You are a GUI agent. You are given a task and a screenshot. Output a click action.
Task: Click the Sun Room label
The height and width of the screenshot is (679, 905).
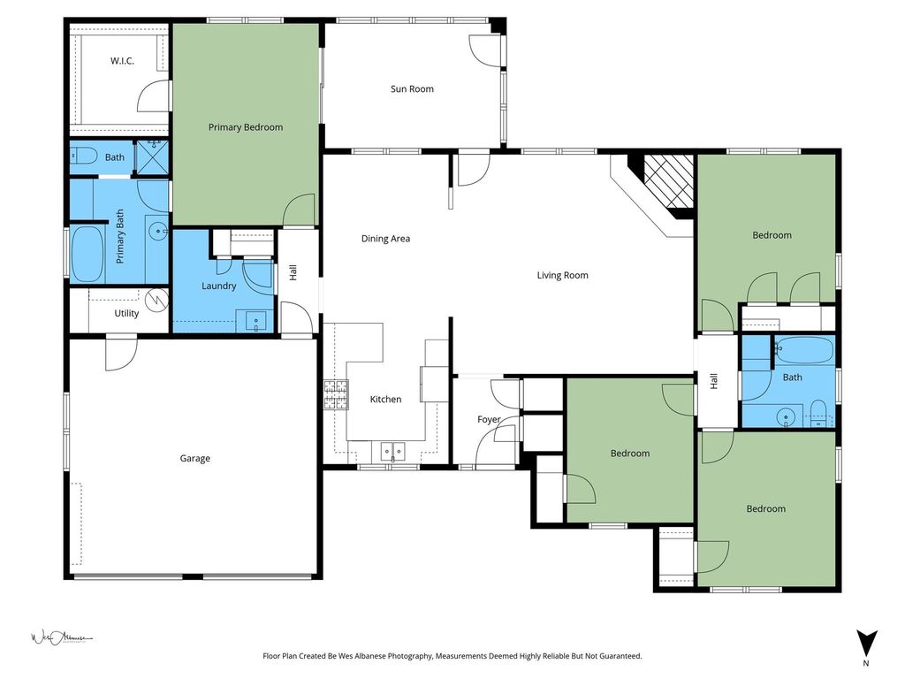[412, 89]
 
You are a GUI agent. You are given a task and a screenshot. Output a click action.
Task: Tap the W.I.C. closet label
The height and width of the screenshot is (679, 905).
[122, 61]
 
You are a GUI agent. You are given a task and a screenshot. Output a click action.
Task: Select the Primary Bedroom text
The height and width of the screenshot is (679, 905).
[246, 127]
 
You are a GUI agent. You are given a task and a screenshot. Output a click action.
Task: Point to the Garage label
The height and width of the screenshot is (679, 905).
[194, 459]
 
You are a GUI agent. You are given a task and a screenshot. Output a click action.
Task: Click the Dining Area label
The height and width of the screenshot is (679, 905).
[385, 239]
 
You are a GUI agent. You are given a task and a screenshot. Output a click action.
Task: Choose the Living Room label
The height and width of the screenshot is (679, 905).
[563, 276]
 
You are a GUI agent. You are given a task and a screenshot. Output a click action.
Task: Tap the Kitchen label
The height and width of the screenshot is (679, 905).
[385, 399]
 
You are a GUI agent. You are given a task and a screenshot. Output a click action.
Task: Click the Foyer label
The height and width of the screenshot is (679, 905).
[488, 420]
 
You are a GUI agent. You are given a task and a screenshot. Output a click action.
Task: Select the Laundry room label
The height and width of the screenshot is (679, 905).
[219, 286]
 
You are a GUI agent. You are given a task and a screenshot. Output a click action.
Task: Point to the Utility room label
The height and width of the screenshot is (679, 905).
[126, 313]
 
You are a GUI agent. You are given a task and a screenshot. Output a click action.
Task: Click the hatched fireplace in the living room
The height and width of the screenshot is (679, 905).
[669, 181]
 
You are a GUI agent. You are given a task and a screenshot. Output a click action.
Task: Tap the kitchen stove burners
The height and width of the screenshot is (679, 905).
[336, 394]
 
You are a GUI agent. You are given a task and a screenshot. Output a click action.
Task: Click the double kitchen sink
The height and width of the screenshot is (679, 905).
[392, 450]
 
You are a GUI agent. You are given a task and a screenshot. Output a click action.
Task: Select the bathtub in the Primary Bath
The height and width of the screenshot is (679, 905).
[87, 254]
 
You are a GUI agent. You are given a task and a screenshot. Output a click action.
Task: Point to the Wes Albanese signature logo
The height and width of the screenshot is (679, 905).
[62, 638]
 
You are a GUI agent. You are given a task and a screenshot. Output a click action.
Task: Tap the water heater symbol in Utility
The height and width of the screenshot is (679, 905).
[156, 301]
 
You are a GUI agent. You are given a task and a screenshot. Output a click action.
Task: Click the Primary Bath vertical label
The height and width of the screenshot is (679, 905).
[120, 237]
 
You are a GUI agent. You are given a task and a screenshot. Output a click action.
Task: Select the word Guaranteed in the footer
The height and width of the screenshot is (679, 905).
[617, 656]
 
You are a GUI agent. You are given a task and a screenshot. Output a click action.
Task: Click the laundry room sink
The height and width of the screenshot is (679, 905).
[255, 321]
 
